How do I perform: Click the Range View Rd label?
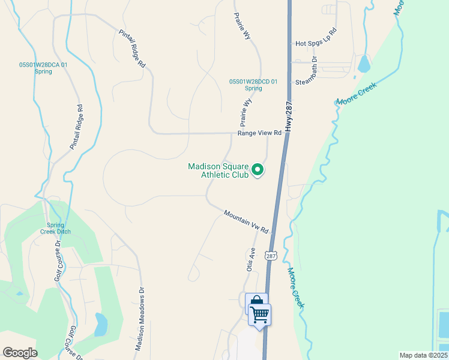pos(259,133)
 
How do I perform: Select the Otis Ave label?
pos(251,260)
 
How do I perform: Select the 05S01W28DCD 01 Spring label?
pos(253,85)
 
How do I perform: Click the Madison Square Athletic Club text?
pos(217,170)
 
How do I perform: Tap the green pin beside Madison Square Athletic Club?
pos(258,170)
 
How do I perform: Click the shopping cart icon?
pos(259,314)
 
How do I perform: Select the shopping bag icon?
pos(255,302)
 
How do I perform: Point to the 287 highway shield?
pos(271,255)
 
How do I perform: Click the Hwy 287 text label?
pos(291,116)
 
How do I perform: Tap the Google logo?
pos(20,352)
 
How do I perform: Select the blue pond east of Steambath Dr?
pos(363,63)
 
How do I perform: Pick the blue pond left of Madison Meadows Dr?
pos(101,325)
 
